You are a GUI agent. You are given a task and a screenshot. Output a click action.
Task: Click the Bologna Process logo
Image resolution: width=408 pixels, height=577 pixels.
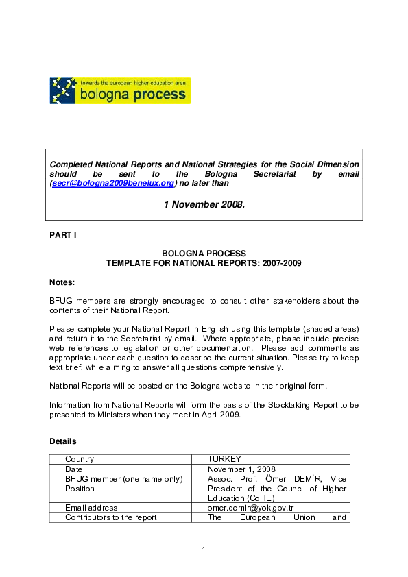(x=120, y=90)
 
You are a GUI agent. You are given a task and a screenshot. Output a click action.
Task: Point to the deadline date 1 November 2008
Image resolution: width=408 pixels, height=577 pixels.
(x=204, y=204)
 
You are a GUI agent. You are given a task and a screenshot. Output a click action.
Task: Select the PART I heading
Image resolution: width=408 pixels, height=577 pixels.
(x=63, y=235)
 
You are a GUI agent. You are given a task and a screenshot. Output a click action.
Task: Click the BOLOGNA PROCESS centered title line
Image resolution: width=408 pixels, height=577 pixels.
(x=204, y=254)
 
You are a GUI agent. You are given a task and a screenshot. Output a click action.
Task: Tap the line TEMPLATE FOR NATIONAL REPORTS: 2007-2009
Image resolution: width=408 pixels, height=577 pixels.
(x=204, y=262)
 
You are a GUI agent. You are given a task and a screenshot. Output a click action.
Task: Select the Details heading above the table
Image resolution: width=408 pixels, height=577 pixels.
(x=63, y=441)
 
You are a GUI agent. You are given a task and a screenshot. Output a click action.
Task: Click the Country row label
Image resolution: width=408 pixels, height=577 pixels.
(x=80, y=459)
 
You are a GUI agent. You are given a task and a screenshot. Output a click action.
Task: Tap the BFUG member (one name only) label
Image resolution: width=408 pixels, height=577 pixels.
(x=123, y=478)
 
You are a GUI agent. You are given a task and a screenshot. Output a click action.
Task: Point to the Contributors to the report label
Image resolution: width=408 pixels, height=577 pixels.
(x=111, y=517)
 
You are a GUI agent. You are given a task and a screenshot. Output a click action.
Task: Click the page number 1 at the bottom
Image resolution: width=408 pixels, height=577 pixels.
(x=204, y=549)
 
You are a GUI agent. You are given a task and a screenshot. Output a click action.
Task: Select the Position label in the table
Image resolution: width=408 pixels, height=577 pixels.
(x=80, y=489)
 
